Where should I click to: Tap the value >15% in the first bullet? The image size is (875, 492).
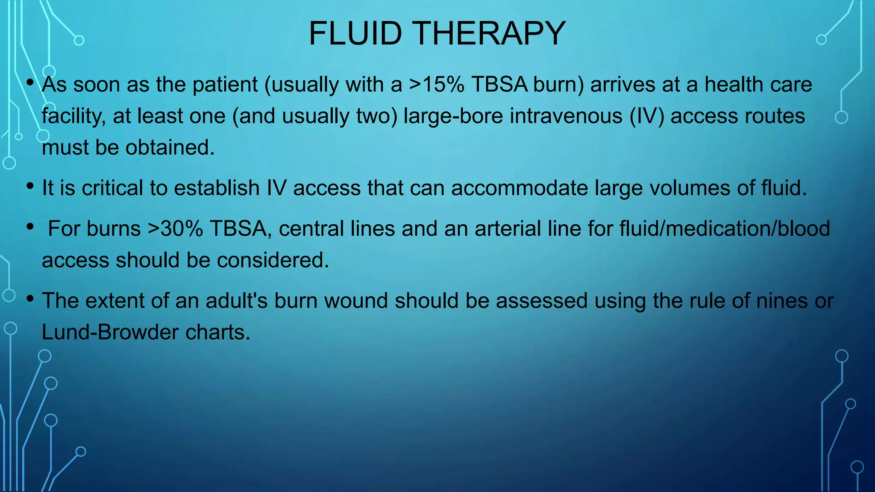point(437,85)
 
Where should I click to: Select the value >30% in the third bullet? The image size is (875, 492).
point(175,228)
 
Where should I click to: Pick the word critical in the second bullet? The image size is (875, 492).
point(112,188)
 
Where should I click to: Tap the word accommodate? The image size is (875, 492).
point(520,188)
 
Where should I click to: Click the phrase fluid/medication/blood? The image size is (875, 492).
point(725,228)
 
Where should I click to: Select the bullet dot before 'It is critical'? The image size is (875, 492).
point(29,186)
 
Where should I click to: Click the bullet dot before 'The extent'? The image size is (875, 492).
point(29,299)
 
